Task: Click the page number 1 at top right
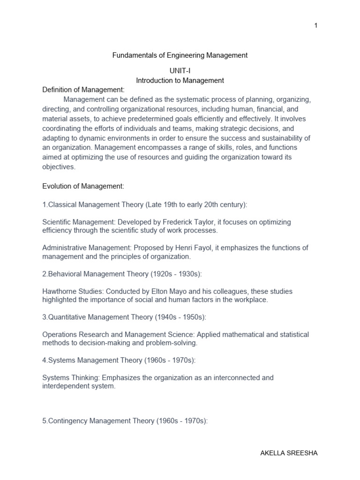(x=316, y=25)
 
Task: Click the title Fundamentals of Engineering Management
(x=180, y=55)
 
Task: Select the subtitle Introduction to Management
(x=180, y=81)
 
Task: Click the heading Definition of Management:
(x=83, y=90)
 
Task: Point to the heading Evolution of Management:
(x=83, y=187)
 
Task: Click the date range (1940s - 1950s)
(x=180, y=317)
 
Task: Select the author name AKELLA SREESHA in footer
(x=289, y=453)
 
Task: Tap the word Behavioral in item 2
(x=65, y=274)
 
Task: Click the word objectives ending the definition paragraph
(x=59, y=166)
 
